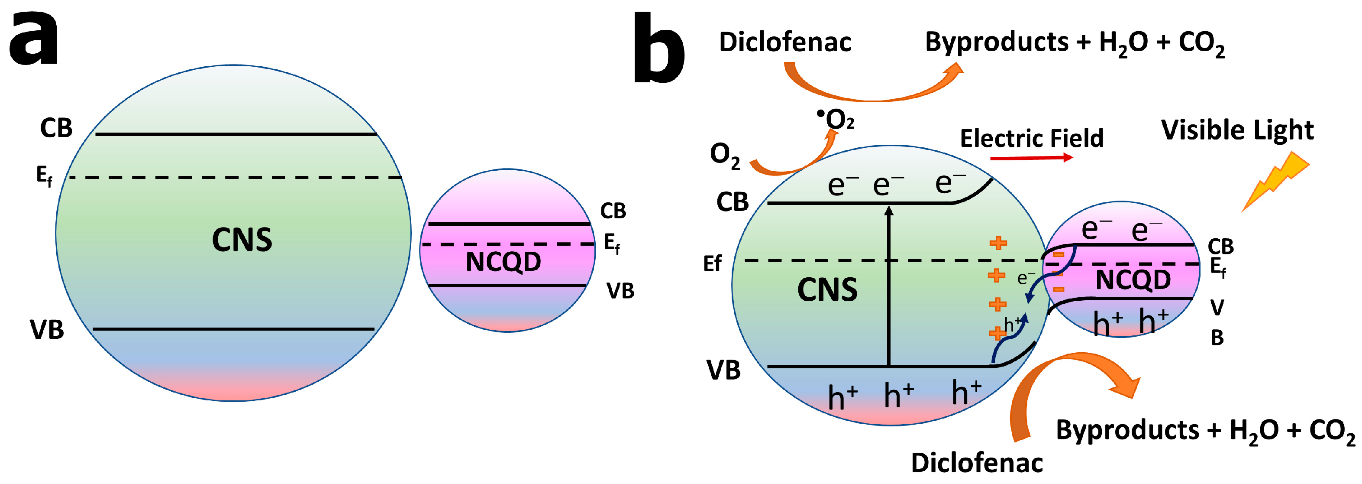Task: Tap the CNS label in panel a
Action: point(242,240)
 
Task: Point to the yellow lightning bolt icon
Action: point(1275,181)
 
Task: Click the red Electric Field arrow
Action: point(1030,158)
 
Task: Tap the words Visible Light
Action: point(1237,130)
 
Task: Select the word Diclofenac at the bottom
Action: point(977,462)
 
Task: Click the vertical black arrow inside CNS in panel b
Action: point(889,286)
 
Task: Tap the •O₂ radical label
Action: point(836,120)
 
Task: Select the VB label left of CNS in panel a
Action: point(46,330)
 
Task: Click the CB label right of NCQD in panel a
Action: point(613,211)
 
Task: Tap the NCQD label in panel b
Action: point(1133,279)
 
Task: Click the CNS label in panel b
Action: point(826,290)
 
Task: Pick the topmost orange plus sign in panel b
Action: point(998,244)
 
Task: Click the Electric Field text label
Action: point(1032,138)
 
